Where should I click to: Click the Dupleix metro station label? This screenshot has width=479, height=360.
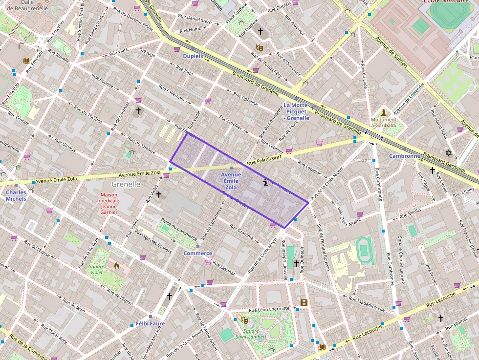[193, 56]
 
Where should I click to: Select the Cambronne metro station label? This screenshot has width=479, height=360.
[404, 156]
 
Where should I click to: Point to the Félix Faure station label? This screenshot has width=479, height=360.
[150, 323]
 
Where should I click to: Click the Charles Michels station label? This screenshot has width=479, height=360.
[16, 195]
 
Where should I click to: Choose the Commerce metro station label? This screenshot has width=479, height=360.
[197, 253]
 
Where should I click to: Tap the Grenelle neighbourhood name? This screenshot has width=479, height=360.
[126, 184]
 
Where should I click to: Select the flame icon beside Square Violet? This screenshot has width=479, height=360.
[116, 266]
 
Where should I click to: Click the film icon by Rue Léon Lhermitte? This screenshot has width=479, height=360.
[304, 302]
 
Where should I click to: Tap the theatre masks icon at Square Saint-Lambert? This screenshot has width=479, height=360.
[244, 320]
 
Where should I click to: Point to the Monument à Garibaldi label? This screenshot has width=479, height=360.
[384, 122]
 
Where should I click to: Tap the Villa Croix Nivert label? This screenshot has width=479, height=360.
[348, 217]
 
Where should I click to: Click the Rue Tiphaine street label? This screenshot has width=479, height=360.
[245, 99]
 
